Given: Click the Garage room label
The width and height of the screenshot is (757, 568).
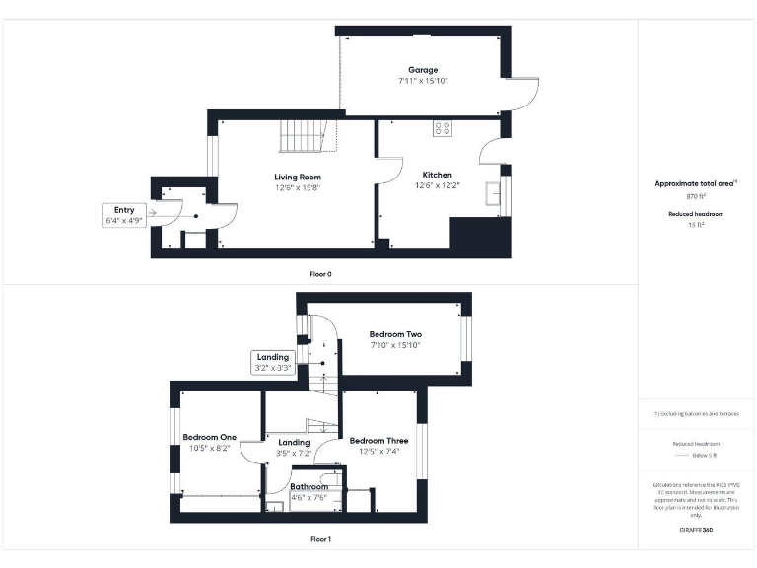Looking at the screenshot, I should coord(424,70).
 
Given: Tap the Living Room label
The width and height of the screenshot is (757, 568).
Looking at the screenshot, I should coord(298,177).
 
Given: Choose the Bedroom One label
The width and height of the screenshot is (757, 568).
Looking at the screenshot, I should coord(210,437).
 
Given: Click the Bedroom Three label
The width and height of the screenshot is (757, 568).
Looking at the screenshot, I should coord(378,441).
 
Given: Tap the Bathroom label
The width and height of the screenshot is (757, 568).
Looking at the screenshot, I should coord(309,487).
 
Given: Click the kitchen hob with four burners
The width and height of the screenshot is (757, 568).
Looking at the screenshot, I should coord(443,128).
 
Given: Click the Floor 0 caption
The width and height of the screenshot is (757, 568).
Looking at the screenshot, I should coord(320,273).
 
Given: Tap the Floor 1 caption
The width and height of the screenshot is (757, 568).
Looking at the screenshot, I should coord(320,539).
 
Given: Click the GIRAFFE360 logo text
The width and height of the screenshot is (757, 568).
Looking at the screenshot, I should coord(696,530).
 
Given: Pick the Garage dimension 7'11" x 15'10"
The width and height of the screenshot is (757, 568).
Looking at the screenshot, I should coord(424,81).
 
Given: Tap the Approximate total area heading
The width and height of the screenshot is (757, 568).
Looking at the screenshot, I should coord(695,184).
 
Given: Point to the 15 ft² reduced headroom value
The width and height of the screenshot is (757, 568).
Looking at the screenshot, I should coord(696,226).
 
